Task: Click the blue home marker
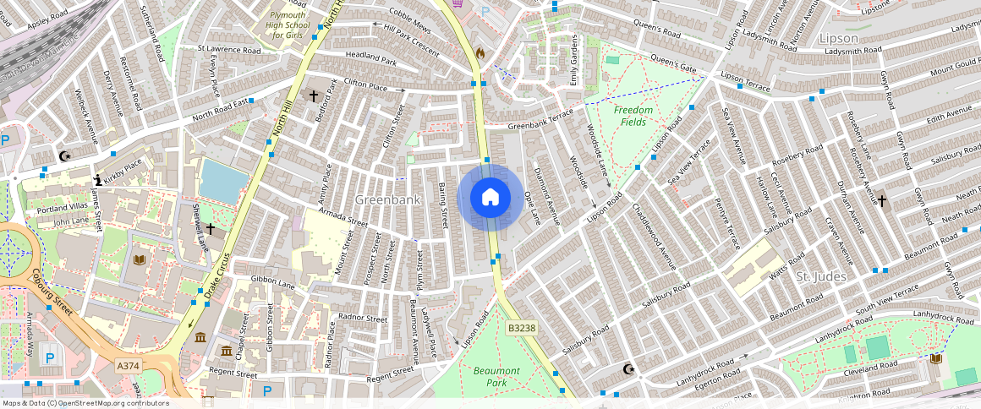click(490, 198)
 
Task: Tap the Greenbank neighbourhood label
click(388, 200)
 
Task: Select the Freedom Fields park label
click(633, 116)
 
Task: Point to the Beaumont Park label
click(496, 377)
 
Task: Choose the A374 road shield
click(128, 364)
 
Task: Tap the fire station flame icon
click(480, 52)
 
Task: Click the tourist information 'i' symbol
click(98, 180)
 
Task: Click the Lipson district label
click(838, 38)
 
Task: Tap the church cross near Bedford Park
click(313, 96)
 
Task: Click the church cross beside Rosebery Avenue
click(881, 201)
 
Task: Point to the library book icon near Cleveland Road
click(934, 359)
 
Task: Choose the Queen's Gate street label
click(673, 63)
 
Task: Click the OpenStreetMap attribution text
click(85, 403)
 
